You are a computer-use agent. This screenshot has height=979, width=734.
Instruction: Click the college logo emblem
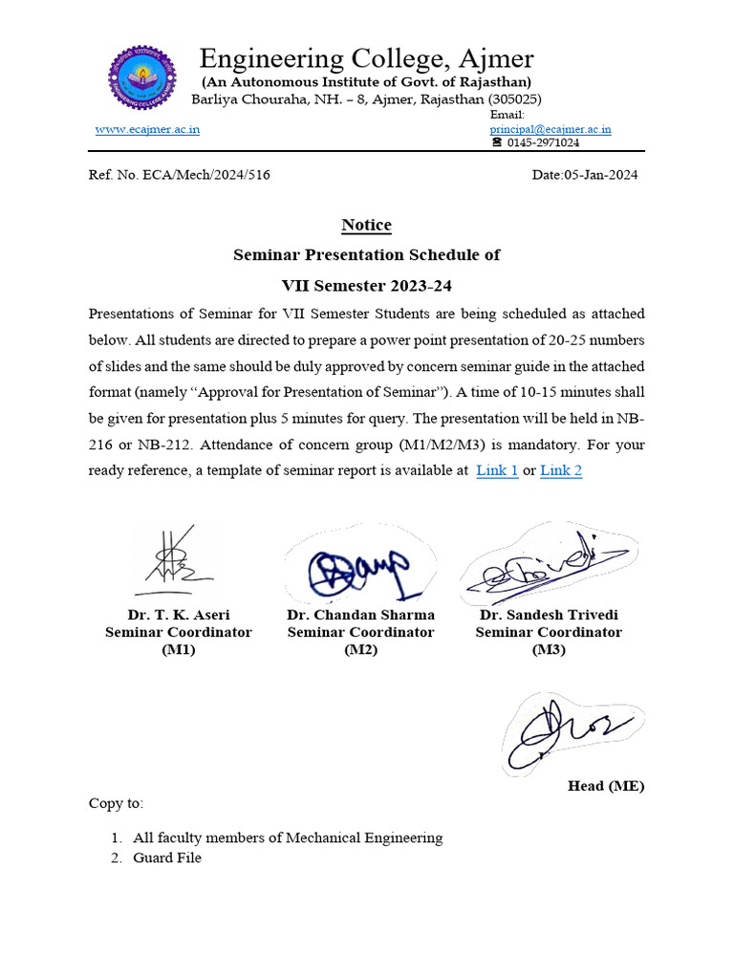click(x=142, y=76)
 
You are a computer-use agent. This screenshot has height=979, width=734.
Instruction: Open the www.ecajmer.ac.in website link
click(x=147, y=129)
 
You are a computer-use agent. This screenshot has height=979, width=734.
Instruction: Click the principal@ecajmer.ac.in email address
click(x=550, y=129)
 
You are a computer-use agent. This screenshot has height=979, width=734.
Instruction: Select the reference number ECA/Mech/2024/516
click(x=199, y=175)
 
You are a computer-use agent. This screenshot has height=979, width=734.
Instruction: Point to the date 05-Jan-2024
click(x=584, y=175)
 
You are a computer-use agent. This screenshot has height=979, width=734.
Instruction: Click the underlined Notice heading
click(x=367, y=226)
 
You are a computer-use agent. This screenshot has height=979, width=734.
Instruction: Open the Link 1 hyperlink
click(x=497, y=470)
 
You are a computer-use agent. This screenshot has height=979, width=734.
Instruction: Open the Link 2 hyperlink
click(x=561, y=470)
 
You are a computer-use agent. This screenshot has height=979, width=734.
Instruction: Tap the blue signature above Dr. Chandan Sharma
click(x=358, y=570)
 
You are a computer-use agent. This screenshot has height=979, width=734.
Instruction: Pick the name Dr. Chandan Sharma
click(x=360, y=615)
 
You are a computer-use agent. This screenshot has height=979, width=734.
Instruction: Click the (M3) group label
click(x=549, y=649)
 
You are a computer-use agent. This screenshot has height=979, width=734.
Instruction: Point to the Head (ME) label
click(x=606, y=786)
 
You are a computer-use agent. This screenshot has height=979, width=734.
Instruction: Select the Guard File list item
click(x=167, y=859)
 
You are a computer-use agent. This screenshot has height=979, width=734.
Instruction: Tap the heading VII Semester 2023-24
click(x=367, y=285)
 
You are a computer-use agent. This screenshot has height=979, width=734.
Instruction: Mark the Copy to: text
click(x=117, y=803)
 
